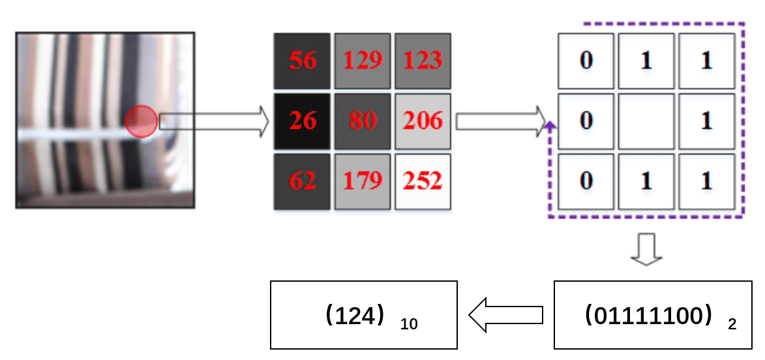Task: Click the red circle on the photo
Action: click(142, 121)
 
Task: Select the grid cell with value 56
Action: click(301, 60)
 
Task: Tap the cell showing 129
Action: click(363, 60)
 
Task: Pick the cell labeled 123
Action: click(423, 60)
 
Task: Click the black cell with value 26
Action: click(301, 121)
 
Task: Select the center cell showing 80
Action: click(363, 121)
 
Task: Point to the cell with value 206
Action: click(423, 121)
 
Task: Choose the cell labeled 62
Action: click(301, 181)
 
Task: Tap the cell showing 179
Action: click(363, 181)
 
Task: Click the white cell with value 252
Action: click(423, 181)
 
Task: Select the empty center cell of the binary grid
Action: click(646, 121)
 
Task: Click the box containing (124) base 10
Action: click(364, 315)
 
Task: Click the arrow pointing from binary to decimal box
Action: click(505, 315)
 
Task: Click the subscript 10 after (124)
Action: click(409, 324)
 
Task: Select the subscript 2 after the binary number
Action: click(732, 324)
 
